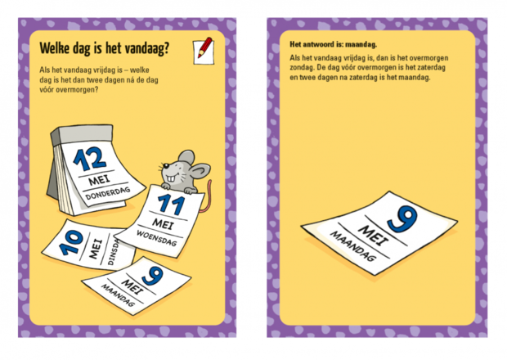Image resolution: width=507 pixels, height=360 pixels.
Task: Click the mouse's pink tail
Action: [206, 196]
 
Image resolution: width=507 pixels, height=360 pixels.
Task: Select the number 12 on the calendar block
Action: [90, 159]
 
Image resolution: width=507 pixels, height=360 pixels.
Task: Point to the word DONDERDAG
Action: [108, 193]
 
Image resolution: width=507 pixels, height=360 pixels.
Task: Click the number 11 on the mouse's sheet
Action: [171, 205]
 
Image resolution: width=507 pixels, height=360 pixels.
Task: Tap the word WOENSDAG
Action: [156, 238]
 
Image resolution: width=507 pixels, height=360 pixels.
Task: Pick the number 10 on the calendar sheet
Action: [71, 242]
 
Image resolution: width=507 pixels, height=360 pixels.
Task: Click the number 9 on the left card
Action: [152, 277]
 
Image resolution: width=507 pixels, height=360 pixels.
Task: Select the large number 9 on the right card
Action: [402, 218]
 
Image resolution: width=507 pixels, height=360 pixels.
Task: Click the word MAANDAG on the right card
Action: [353, 246]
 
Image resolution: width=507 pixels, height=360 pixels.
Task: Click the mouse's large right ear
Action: [200, 170]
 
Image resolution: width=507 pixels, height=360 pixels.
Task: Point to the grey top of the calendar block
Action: [82, 133]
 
